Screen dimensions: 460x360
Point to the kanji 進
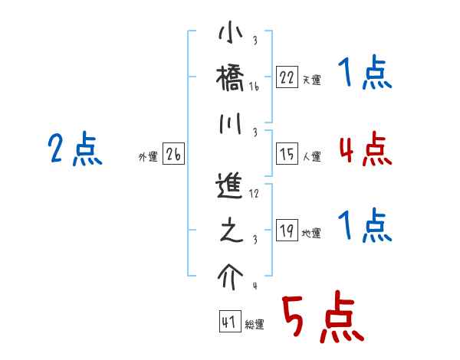(230, 186)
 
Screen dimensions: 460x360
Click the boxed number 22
(286, 77)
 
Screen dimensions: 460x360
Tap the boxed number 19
(286, 231)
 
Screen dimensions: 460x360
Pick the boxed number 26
(173, 154)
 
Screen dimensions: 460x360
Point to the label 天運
(311, 80)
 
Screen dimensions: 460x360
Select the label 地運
(311, 234)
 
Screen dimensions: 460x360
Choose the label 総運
(255, 325)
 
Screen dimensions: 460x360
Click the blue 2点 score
(75, 149)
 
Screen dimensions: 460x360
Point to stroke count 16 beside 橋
(254, 88)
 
